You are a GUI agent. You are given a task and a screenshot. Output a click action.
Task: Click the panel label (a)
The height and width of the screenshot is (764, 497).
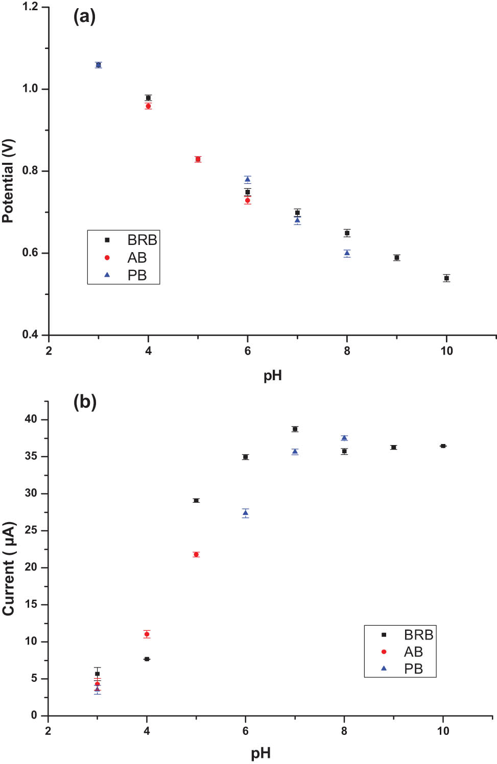84,17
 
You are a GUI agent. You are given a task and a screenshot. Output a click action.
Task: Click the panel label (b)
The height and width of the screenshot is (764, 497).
85,402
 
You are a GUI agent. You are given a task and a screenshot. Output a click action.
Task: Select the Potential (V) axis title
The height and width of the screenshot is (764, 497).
9,181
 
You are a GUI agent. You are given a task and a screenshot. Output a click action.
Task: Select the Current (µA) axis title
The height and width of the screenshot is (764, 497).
9,569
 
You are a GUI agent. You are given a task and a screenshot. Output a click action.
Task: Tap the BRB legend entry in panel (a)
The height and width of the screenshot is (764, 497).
141,240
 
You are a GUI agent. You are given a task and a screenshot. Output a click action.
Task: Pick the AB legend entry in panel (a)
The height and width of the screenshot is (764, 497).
136,258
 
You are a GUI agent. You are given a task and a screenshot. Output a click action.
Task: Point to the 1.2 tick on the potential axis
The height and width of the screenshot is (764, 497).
30,7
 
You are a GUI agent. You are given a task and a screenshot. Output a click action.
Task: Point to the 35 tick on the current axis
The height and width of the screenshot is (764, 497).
31,456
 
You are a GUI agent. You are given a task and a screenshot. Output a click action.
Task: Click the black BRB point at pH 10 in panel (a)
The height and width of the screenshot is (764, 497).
446,278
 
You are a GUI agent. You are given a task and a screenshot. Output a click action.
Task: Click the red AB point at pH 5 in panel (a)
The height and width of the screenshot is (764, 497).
198,159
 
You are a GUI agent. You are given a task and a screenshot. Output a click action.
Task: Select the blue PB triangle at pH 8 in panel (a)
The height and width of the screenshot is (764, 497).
347,253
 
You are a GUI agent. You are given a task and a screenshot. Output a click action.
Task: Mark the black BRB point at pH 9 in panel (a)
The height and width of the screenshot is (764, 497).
396,258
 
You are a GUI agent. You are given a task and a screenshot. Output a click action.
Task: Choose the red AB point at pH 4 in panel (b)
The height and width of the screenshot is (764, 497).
147,634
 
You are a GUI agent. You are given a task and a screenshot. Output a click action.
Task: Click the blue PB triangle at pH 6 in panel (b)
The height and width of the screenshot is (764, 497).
245,513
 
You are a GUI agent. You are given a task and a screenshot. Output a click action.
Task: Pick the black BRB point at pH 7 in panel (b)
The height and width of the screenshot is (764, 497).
295,429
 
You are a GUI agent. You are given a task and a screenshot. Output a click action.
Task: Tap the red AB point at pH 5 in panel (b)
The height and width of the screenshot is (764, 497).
196,554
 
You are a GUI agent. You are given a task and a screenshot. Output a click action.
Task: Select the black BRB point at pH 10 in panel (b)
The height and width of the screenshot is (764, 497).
443,446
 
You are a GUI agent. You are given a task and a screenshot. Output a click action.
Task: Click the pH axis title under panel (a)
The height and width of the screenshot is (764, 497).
272,376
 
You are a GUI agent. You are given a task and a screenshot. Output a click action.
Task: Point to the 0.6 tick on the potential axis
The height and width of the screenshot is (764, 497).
30,253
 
